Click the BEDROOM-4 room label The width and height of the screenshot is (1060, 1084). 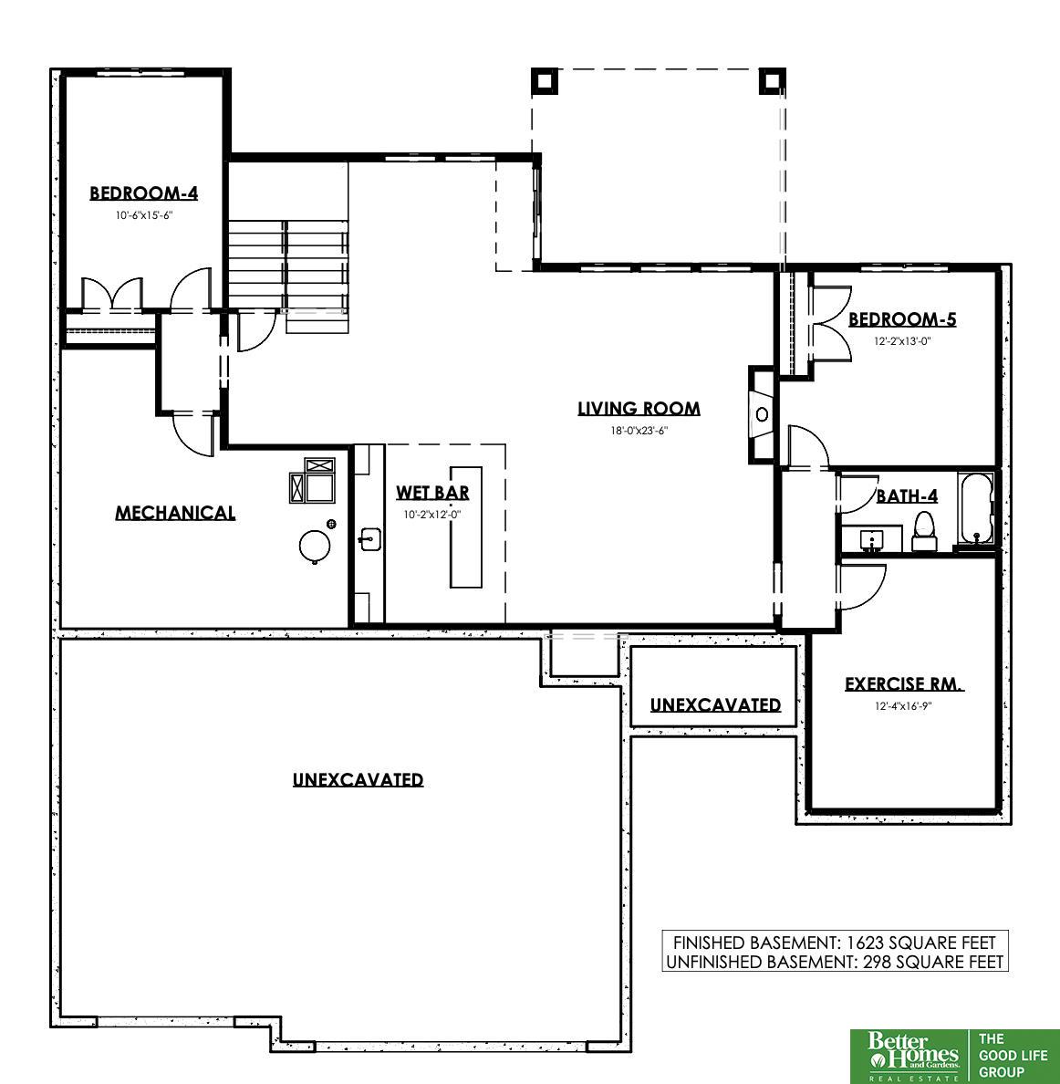click(x=144, y=193)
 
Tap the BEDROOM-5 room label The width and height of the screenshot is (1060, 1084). click(x=902, y=319)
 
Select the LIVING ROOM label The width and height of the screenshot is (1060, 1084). click(x=639, y=409)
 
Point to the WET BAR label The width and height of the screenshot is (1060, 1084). click(x=432, y=492)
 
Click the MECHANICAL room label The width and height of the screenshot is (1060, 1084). click(x=175, y=513)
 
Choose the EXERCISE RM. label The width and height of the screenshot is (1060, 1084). click(x=904, y=684)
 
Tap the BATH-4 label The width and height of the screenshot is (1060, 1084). click(x=907, y=495)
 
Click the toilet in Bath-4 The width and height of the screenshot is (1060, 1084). click(x=924, y=531)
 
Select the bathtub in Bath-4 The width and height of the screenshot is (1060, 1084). click(x=977, y=508)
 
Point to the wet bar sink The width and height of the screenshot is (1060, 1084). click(x=369, y=539)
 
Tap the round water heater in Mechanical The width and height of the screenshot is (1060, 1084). click(x=315, y=546)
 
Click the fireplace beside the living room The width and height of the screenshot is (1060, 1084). click(x=763, y=415)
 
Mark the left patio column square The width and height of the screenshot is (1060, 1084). click(x=545, y=81)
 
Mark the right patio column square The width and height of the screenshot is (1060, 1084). click(x=773, y=81)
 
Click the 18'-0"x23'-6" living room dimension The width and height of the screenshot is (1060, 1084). click(x=639, y=431)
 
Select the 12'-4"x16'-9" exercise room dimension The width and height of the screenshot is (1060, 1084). click(x=903, y=706)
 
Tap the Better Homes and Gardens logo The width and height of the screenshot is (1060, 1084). click(x=912, y=1057)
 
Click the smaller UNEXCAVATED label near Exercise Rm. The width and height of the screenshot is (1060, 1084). click(x=715, y=705)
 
